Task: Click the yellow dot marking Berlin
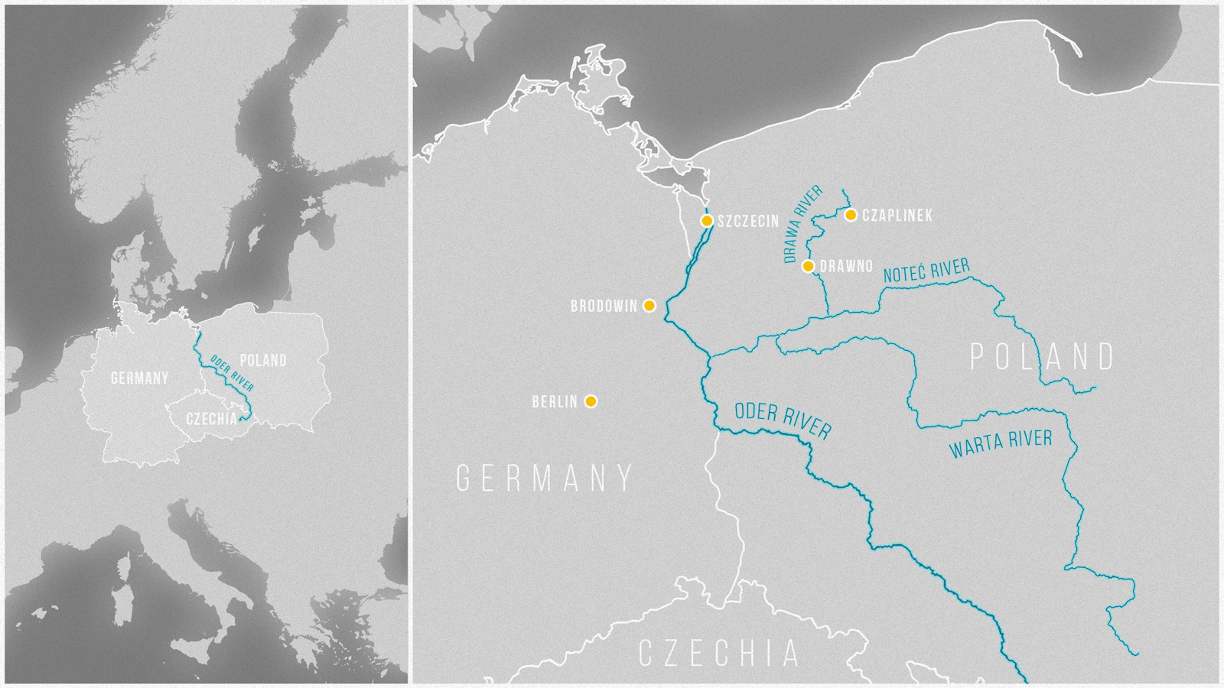point(591,401)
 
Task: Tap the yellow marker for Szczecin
point(707,221)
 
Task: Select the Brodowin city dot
point(649,306)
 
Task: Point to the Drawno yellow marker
point(808,266)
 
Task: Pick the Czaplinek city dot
point(851,215)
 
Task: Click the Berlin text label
point(555,401)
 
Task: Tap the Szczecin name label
point(748,222)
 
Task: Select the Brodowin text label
point(604,307)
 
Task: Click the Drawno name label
point(846,267)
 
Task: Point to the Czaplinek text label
point(897,216)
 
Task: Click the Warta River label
point(1001,443)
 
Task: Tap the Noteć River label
point(926,271)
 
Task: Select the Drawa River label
point(803,224)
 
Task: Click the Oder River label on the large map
point(783,421)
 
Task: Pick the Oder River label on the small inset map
point(232,373)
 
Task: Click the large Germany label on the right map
point(545,479)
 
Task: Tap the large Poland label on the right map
point(1043,357)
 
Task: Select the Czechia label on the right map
point(719,654)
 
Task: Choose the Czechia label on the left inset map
point(212,419)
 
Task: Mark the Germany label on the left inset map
point(139,378)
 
